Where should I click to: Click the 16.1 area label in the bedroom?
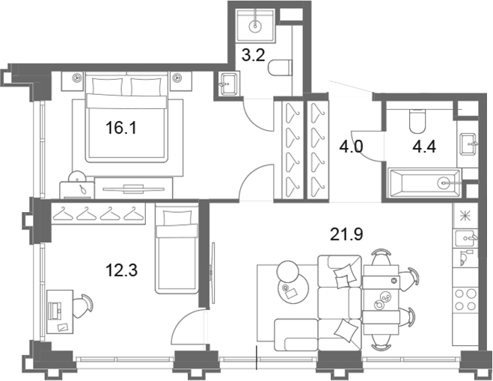pyautogui.click(x=121, y=128)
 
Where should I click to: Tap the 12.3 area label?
pyautogui.click(x=122, y=270)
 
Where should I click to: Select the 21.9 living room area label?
pyautogui.click(x=346, y=234)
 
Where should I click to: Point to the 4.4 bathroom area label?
pyautogui.click(x=424, y=146)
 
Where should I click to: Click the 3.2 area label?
pyautogui.click(x=254, y=55)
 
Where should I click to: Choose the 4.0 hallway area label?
pyautogui.click(x=351, y=146)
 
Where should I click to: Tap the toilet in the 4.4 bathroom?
pyautogui.click(x=417, y=121)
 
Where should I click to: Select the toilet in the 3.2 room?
pyautogui.click(x=281, y=68)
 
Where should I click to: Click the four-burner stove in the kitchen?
pyautogui.click(x=465, y=300)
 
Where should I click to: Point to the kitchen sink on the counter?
pyautogui.click(x=465, y=239)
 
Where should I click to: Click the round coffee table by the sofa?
pyautogui.click(x=293, y=289)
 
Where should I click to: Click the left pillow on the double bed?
pyautogui.click(x=108, y=87)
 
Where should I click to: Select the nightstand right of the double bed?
pyautogui.click(x=181, y=81)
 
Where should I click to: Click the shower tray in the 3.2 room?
pyautogui.click(x=255, y=25)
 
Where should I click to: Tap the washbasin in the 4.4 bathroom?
pyautogui.click(x=468, y=144)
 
